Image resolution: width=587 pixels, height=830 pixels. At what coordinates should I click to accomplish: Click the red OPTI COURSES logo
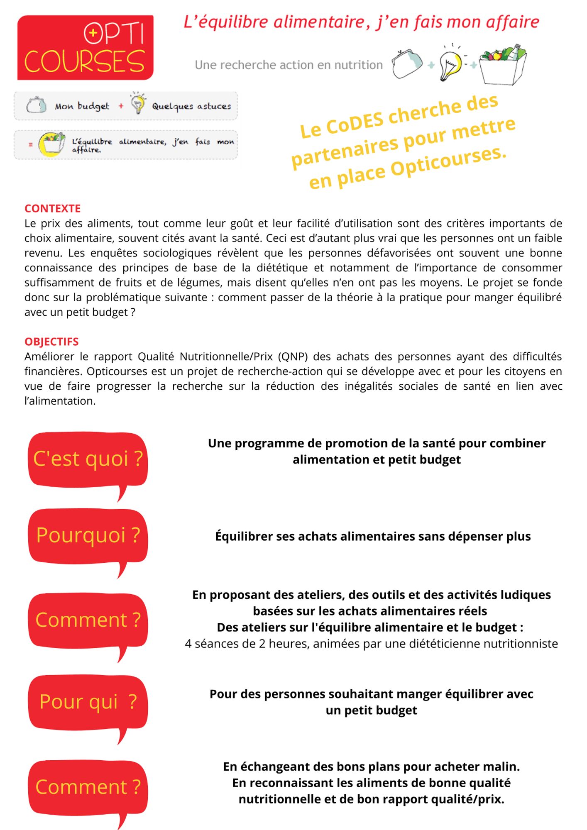click(x=85, y=48)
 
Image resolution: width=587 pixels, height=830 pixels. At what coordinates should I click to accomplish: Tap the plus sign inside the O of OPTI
click(x=93, y=33)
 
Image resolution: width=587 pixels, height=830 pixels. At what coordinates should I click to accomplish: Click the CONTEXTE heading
click(x=52, y=208)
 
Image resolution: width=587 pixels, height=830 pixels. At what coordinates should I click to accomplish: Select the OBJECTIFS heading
click(x=51, y=342)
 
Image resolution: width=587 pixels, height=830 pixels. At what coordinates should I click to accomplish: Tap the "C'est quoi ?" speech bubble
click(x=88, y=459)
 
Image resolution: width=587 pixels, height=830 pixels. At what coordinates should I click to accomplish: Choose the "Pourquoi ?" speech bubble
click(x=88, y=536)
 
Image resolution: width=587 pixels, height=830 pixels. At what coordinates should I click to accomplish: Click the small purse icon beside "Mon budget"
click(x=36, y=105)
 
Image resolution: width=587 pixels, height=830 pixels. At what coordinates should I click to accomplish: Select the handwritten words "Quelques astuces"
click(x=191, y=106)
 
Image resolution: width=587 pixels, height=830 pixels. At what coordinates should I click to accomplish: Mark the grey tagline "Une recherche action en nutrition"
click(x=289, y=65)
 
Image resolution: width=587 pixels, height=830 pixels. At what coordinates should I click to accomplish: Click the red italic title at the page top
click(x=361, y=22)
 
